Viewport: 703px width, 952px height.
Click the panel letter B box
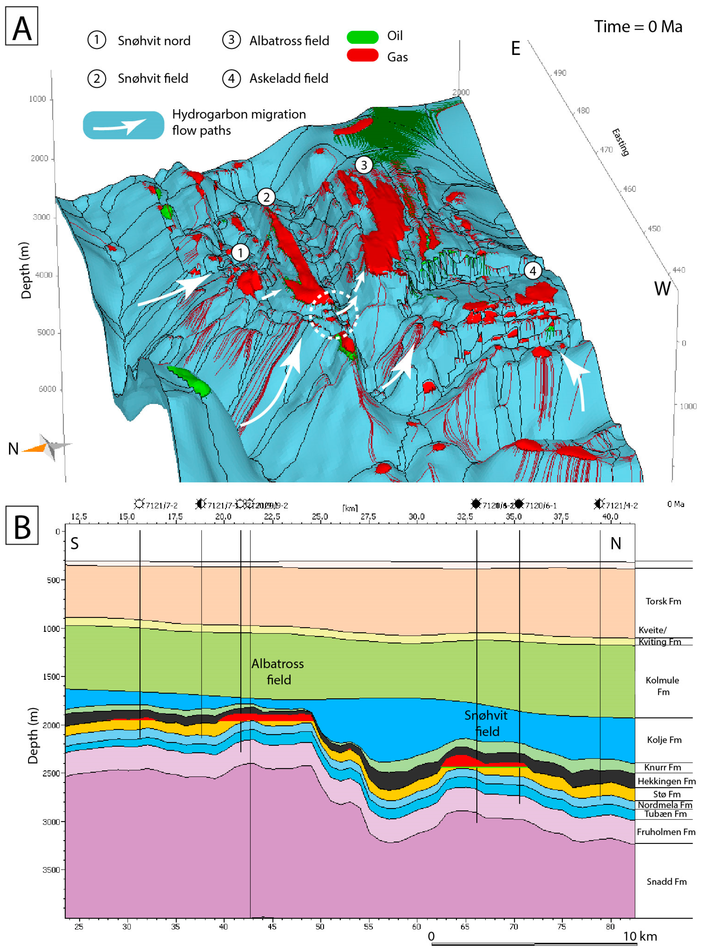22,526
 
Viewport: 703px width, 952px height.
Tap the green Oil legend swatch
363,37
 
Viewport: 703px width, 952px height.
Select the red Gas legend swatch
363,55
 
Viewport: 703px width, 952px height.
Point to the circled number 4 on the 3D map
532,270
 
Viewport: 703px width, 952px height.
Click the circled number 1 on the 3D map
240,253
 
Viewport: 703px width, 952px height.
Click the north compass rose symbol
49,447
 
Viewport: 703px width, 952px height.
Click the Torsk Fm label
663,601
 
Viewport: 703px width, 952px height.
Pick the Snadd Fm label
666,882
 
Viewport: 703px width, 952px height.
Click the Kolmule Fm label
663,686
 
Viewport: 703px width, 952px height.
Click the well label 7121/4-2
622,505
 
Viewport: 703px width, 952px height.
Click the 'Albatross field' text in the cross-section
278,672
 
